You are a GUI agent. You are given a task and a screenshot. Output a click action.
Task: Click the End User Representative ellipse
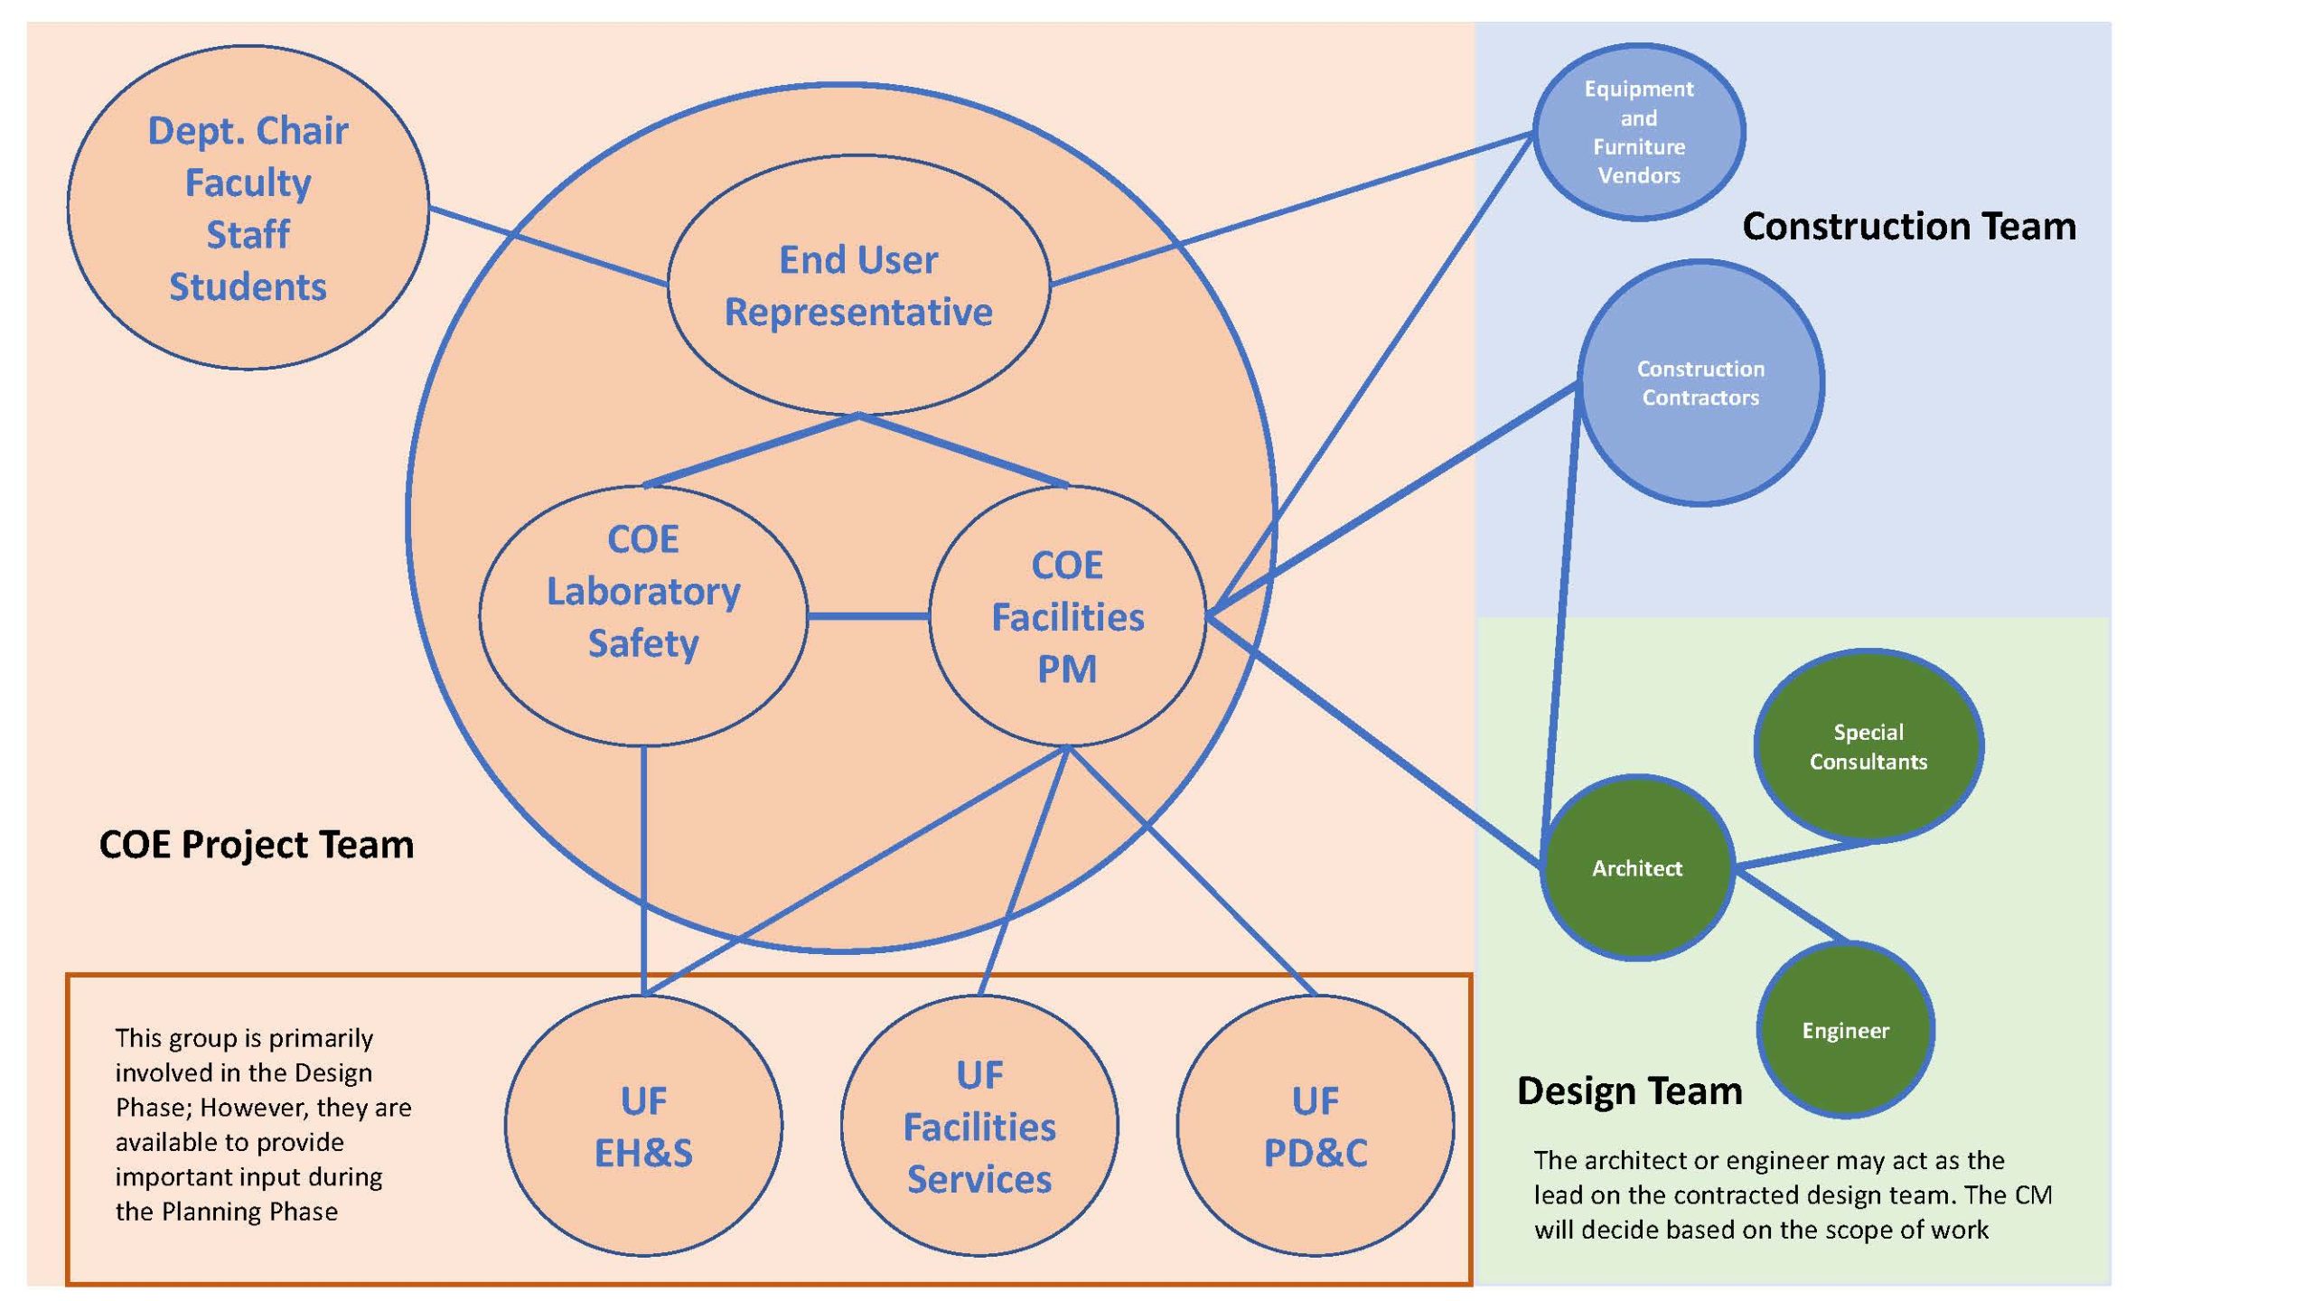(x=858, y=285)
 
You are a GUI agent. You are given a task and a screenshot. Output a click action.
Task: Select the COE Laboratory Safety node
(x=643, y=616)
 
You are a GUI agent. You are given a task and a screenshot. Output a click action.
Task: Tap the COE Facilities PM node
(x=1067, y=616)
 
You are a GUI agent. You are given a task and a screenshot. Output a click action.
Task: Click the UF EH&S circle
(x=643, y=1126)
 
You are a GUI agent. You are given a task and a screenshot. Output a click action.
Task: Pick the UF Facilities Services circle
(x=979, y=1126)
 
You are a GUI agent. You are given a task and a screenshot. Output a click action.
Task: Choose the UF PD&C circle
(x=1316, y=1126)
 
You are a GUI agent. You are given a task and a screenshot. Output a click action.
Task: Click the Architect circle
(x=1637, y=868)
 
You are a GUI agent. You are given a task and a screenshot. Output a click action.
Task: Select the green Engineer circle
(x=1845, y=1031)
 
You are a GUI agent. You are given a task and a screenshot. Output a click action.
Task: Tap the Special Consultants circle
(x=1868, y=746)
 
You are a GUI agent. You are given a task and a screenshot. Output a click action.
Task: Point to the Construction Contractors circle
(x=1700, y=383)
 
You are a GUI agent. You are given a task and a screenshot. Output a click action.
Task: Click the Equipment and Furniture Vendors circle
(x=1639, y=132)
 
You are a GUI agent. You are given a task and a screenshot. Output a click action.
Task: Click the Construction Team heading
(x=1908, y=226)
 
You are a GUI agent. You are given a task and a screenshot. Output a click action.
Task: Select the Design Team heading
(x=1629, y=1090)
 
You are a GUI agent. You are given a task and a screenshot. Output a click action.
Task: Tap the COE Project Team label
(x=257, y=845)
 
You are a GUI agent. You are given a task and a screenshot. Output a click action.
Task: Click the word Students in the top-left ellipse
(x=248, y=286)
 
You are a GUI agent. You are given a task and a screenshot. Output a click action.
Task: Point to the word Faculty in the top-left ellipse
(x=248, y=183)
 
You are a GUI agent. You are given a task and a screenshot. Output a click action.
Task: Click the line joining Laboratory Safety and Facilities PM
(x=868, y=616)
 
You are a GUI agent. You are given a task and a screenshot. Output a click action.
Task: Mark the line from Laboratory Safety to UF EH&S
(x=643, y=867)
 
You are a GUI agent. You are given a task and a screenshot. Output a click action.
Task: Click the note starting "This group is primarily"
(x=262, y=1124)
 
